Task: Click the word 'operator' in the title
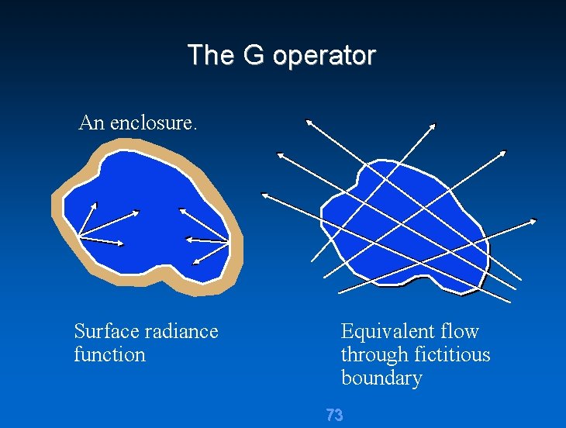(324, 56)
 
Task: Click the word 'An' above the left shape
(91, 123)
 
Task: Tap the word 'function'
(109, 354)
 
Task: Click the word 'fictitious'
(453, 354)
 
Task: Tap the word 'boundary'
(381, 378)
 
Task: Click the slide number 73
(334, 416)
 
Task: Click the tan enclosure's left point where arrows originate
(78, 236)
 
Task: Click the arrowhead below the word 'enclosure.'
(182, 209)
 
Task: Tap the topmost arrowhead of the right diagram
(308, 120)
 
